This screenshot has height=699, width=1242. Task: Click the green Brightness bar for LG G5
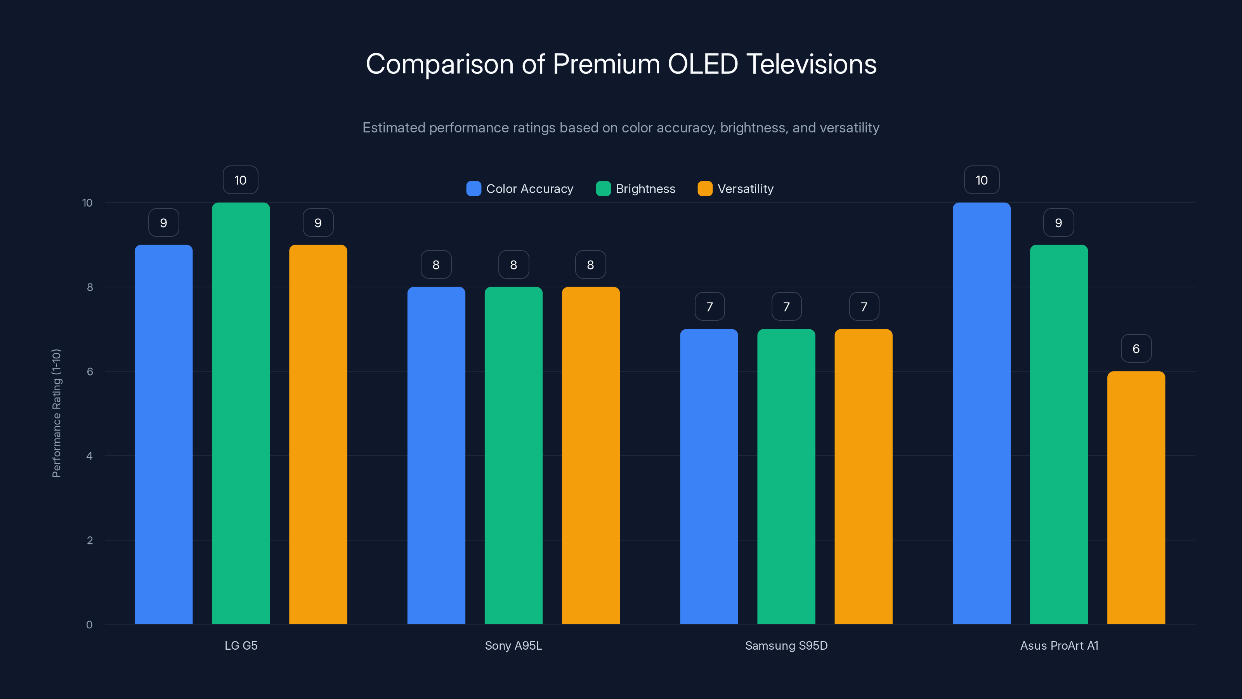coord(241,415)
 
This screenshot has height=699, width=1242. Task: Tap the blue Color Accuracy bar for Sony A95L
coord(436,456)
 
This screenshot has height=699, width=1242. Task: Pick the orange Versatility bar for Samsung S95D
coord(863,478)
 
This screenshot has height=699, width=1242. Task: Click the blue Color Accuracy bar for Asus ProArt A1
coord(981,415)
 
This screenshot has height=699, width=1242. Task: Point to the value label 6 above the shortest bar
coord(1136,348)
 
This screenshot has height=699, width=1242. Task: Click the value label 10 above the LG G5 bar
coord(240,180)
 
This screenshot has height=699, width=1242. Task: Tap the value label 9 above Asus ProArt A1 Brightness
coord(1058,223)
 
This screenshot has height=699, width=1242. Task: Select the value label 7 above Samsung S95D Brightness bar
coord(786,306)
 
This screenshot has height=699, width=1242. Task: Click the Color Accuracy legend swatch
coord(474,189)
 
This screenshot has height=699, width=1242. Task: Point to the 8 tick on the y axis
coord(90,287)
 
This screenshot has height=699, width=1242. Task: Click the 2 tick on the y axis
coord(90,540)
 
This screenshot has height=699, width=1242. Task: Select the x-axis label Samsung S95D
coord(786,645)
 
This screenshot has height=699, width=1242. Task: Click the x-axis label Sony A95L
coord(513,645)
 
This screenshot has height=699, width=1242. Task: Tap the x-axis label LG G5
coord(241,645)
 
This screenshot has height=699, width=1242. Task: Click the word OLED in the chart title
coord(703,64)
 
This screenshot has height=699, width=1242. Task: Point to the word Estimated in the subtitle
coord(394,128)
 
